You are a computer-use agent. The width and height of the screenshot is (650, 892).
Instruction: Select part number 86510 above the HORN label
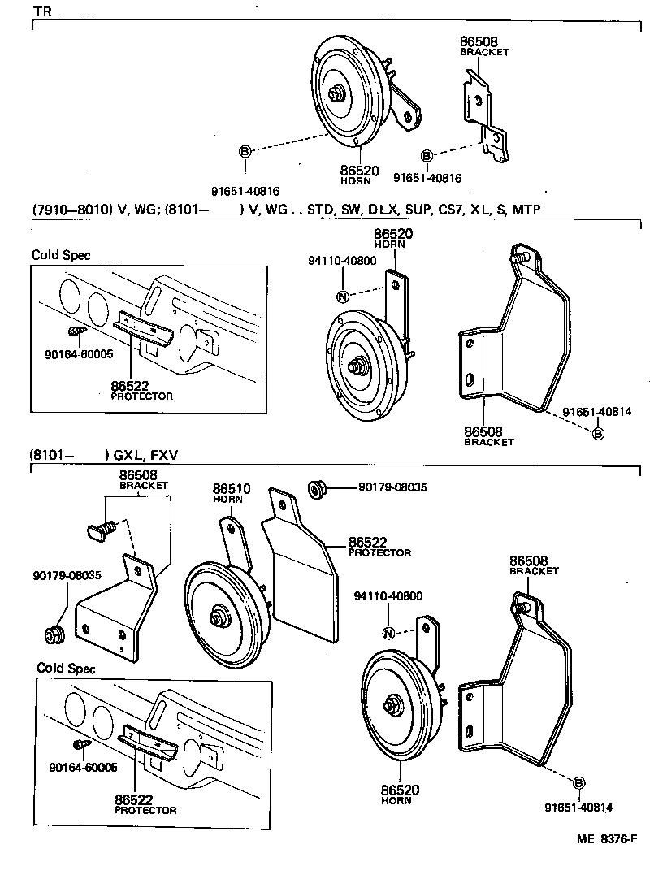pyautogui.click(x=232, y=489)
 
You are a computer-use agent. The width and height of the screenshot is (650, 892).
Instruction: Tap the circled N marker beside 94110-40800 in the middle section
pyautogui.click(x=342, y=297)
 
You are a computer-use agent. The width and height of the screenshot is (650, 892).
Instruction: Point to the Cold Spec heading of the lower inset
pyautogui.click(x=66, y=669)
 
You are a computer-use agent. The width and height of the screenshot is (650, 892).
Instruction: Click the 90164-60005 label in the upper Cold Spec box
pyautogui.click(x=80, y=354)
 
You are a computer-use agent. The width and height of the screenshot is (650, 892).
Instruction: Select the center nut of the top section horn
pyautogui.click(x=335, y=93)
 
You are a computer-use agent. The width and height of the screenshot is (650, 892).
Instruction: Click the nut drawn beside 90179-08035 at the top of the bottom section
pyautogui.click(x=316, y=488)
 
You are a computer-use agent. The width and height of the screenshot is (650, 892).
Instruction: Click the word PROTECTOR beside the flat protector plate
pyautogui.click(x=379, y=553)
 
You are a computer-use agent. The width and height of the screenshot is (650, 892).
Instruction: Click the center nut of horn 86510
pyautogui.click(x=218, y=617)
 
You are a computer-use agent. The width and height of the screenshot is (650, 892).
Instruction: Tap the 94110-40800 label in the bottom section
pyautogui.click(x=388, y=596)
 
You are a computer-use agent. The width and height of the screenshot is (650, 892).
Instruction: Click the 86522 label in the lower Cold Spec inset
pyautogui.click(x=134, y=799)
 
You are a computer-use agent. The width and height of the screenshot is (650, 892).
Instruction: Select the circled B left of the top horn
pyautogui.click(x=245, y=151)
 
